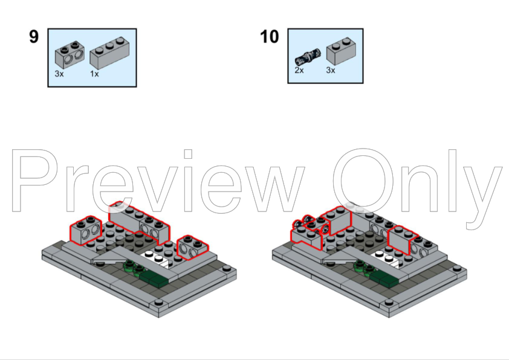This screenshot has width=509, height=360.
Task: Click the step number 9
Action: pyautogui.click(x=34, y=36)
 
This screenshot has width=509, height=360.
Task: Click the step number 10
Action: pyautogui.click(x=270, y=36)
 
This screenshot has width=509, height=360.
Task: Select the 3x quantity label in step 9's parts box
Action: pyautogui.click(x=59, y=74)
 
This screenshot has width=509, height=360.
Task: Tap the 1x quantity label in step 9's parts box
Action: pyautogui.click(x=94, y=74)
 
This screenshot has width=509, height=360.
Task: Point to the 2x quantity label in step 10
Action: pyautogui.click(x=299, y=70)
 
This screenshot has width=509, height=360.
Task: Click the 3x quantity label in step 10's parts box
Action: pyautogui.click(x=331, y=70)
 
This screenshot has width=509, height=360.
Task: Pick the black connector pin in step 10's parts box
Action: pyautogui.click(x=308, y=56)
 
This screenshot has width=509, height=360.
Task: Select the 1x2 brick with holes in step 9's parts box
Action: pyautogui.click(x=70, y=54)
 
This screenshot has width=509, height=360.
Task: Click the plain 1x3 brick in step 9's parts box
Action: pyautogui.click(x=109, y=53)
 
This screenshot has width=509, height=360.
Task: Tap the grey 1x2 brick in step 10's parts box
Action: pyautogui.click(x=341, y=51)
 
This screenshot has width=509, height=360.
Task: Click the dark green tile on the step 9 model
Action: pyautogui.click(x=155, y=278)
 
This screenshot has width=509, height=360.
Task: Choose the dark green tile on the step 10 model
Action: pyautogui.click(x=384, y=278)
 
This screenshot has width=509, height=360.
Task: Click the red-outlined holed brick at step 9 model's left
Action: pyautogui.click(x=86, y=230)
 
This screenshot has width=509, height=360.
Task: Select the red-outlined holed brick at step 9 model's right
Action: pyautogui.click(x=193, y=248)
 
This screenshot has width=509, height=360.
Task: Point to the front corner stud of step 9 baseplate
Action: pyautogui.click(x=159, y=303)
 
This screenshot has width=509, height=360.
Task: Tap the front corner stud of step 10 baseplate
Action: pyautogui.click(x=389, y=303)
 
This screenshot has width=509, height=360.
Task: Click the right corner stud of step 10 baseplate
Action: pyautogui.click(x=457, y=268)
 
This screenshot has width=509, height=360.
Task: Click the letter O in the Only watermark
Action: pyautogui.click(x=363, y=181)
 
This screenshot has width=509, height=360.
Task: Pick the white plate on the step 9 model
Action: pyautogui.click(x=156, y=258)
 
